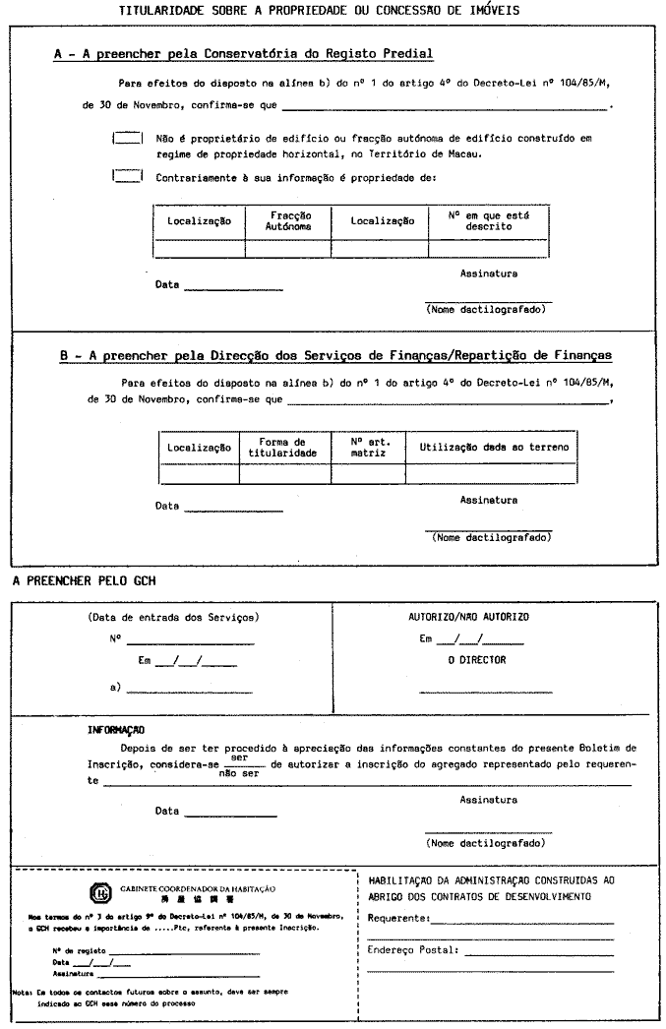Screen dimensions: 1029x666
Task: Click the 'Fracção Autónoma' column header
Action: (288, 220)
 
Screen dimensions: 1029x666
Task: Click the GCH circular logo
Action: (100, 892)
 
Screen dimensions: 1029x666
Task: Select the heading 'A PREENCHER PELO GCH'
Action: (84, 581)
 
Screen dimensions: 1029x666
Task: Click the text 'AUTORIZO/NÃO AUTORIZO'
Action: (468, 617)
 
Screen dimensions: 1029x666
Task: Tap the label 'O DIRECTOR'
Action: (476, 660)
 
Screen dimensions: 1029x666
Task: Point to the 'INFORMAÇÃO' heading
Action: (116, 730)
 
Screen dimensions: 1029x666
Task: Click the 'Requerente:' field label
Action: (398, 918)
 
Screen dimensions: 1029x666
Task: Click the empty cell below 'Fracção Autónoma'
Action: (288, 248)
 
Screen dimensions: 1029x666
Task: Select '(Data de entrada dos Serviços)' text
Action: (173, 617)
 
